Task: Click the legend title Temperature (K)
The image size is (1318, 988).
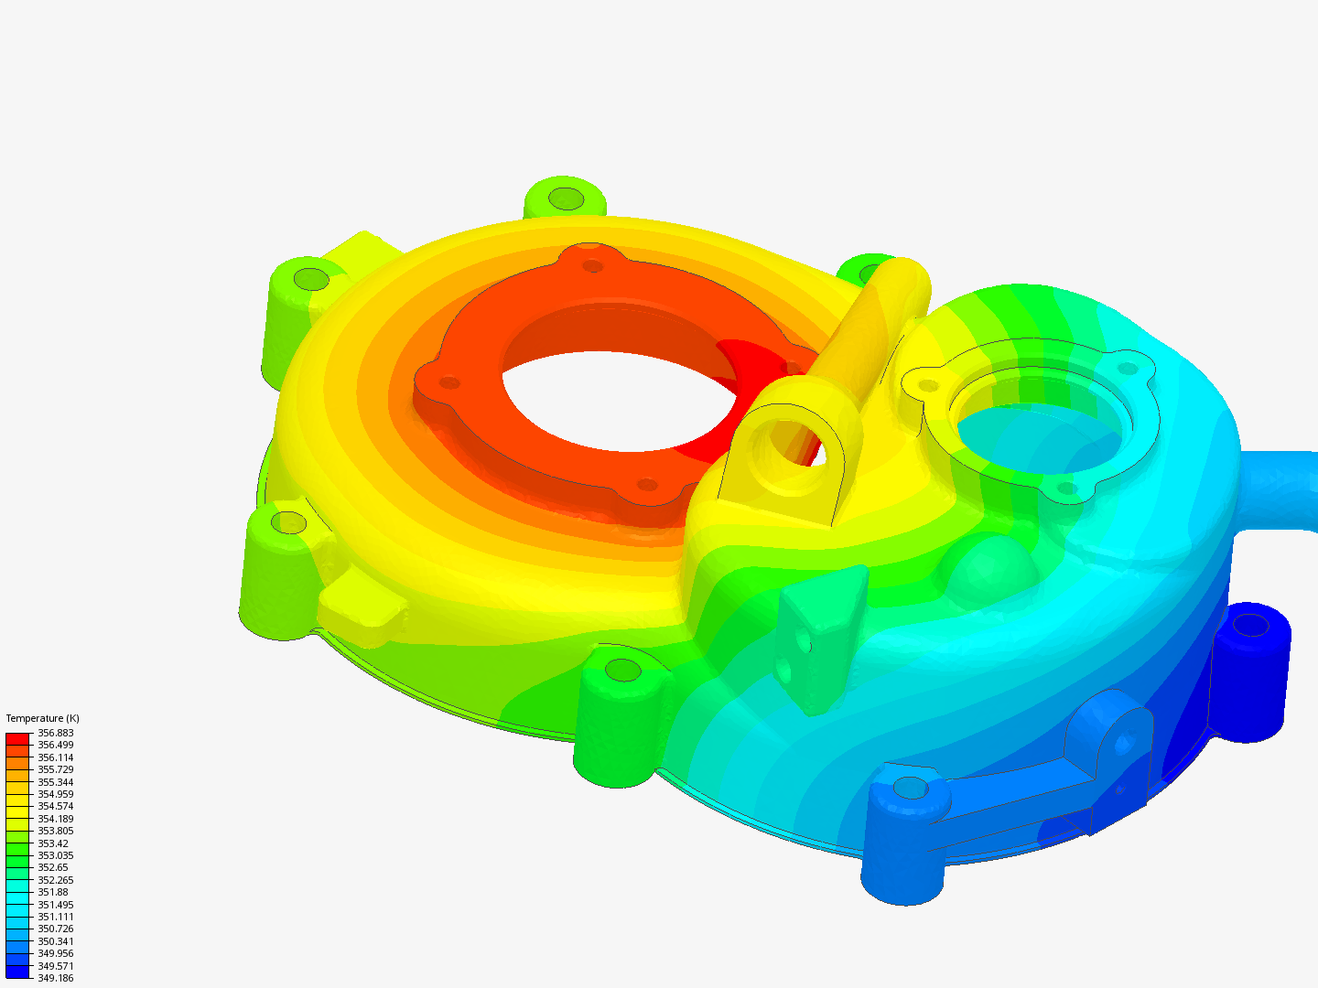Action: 42,718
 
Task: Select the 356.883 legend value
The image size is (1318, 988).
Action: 55,733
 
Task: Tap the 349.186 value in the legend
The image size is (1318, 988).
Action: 55,978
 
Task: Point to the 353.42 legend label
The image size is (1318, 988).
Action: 53,843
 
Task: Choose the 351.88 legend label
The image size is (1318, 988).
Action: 53,892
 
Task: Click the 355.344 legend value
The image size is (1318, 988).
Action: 55,782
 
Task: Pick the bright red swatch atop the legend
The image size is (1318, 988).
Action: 17,738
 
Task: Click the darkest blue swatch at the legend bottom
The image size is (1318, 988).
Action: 17,972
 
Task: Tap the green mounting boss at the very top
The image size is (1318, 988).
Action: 566,199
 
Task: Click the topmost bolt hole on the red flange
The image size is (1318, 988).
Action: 593,266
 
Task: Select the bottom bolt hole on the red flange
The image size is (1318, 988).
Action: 647,484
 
